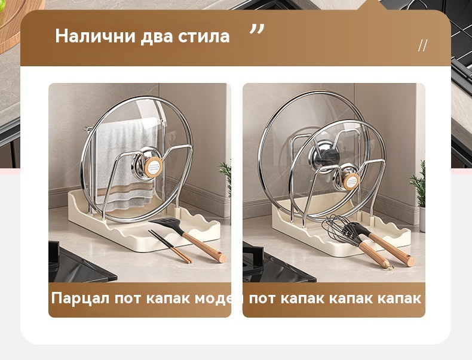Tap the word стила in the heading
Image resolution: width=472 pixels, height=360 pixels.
click(204, 36)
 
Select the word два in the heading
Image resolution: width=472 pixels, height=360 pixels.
click(157, 36)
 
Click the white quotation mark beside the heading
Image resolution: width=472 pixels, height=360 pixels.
click(257, 29)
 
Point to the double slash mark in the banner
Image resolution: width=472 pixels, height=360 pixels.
click(422, 45)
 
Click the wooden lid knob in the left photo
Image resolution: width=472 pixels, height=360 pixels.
click(153, 167)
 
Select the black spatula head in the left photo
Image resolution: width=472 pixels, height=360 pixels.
click(166, 224)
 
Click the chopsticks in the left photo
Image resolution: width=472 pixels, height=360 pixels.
click(170, 247)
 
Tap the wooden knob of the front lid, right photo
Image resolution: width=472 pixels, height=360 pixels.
click(351, 181)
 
